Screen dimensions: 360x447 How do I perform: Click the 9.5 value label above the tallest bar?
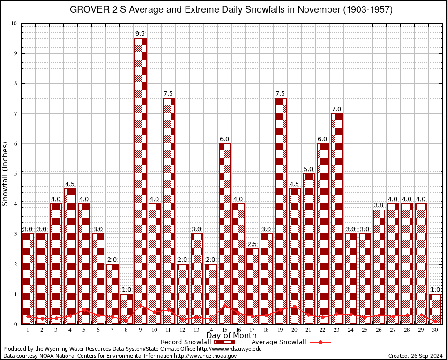pyautogui.click(x=140, y=34)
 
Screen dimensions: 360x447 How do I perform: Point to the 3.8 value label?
pyautogui.click(x=379, y=205)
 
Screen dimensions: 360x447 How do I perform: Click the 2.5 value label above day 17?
pyautogui.click(x=253, y=244)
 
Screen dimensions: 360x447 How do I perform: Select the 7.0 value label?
pyautogui.click(x=336, y=109)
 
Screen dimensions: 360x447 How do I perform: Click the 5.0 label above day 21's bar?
pyautogui.click(x=308, y=169)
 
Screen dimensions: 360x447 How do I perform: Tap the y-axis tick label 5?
pyautogui.click(x=15, y=174)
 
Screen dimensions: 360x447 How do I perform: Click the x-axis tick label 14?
pyautogui.click(x=210, y=330)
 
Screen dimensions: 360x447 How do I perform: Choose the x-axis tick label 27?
pyautogui.click(x=393, y=330)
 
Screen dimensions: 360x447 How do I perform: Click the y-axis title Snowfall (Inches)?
pyautogui.click(x=5, y=173)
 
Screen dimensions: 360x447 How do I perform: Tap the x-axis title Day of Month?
pyautogui.click(x=231, y=336)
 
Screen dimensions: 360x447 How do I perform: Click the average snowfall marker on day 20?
pyautogui.click(x=294, y=307)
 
